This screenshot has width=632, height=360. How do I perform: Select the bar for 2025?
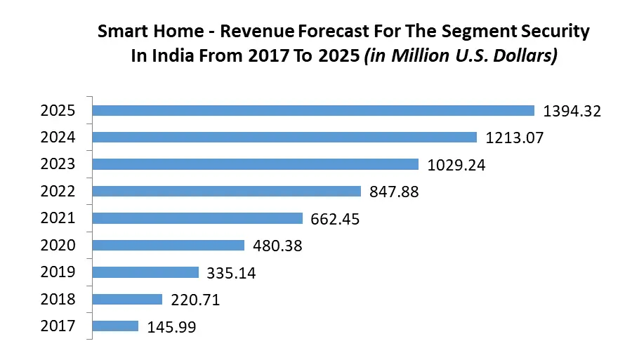click(313, 110)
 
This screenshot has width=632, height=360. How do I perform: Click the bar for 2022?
click(227, 191)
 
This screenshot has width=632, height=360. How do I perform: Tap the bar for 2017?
click(116, 326)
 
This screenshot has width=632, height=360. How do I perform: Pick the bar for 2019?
click(146, 272)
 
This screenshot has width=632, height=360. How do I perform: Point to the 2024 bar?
click(284, 138)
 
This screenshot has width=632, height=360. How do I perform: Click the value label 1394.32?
click(572, 111)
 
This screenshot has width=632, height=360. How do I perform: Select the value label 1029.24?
click(456, 165)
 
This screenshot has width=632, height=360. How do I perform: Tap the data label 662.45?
click(335, 219)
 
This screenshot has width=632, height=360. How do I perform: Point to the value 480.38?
click(277, 246)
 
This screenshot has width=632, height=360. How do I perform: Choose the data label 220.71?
click(195, 300)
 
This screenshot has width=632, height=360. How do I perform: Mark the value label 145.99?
click(171, 326)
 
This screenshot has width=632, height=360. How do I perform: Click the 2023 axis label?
click(58, 164)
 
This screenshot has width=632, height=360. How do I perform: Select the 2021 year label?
click(58, 218)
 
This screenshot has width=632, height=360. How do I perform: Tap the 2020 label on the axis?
click(58, 245)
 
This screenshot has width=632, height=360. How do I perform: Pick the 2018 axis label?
click(58, 299)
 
